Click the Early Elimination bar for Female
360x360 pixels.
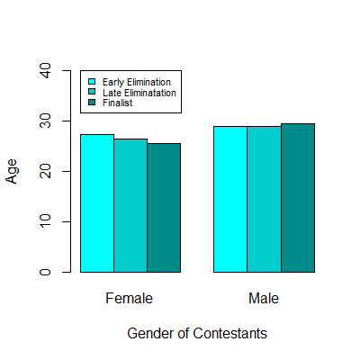[x=97, y=203]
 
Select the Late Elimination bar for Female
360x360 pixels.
[x=130, y=205]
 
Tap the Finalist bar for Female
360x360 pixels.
[x=164, y=208]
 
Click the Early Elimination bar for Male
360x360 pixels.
[x=230, y=199]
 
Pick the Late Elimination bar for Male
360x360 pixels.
[x=264, y=199]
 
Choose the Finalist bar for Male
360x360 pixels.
[x=297, y=198]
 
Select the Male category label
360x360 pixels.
[x=264, y=298]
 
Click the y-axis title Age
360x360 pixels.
[x=12, y=171]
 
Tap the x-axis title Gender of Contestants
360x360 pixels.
[x=197, y=333]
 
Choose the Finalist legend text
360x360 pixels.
[x=118, y=103]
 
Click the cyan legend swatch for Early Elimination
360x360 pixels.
[x=91, y=83]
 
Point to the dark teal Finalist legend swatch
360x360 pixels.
[x=91, y=103]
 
